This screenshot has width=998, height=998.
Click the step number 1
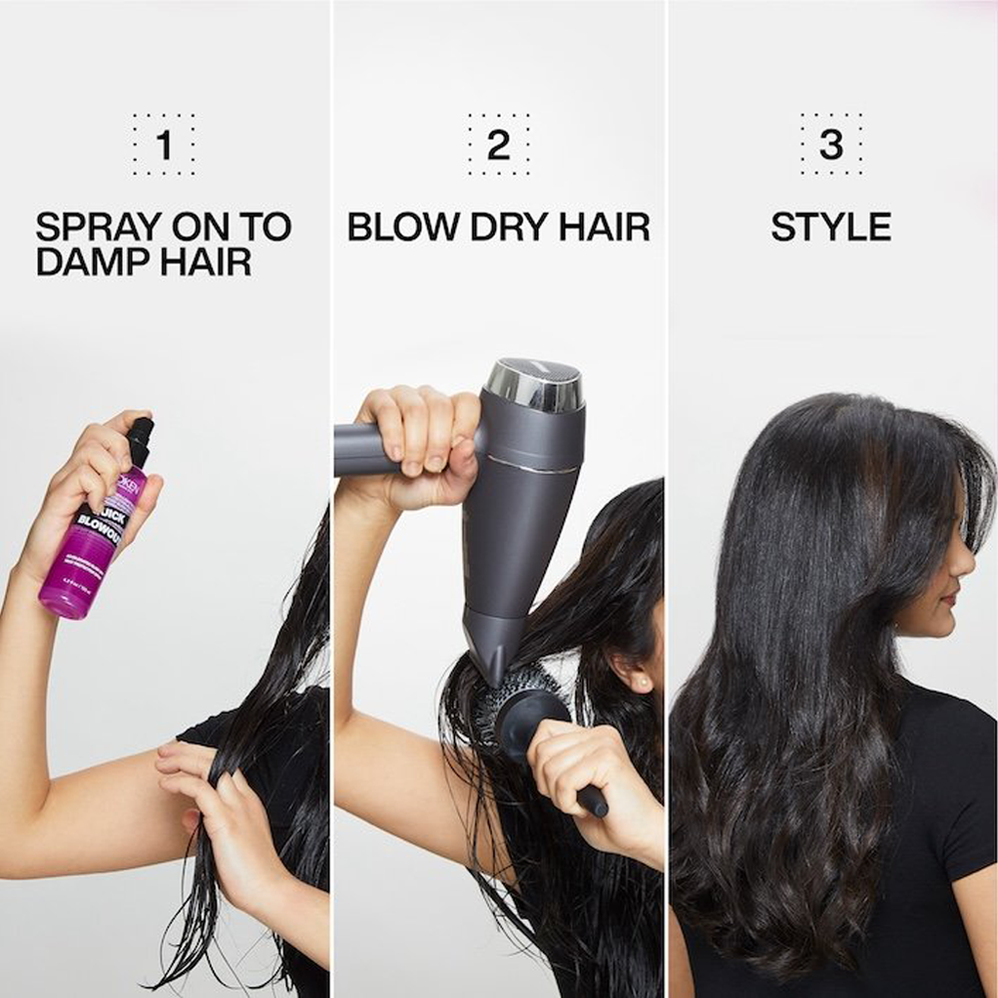[x=164, y=146]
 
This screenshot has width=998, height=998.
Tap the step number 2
[x=498, y=146]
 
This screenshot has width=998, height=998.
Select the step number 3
[x=830, y=146]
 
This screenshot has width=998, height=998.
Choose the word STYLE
[x=830, y=228]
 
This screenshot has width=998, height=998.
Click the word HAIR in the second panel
[x=604, y=228]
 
